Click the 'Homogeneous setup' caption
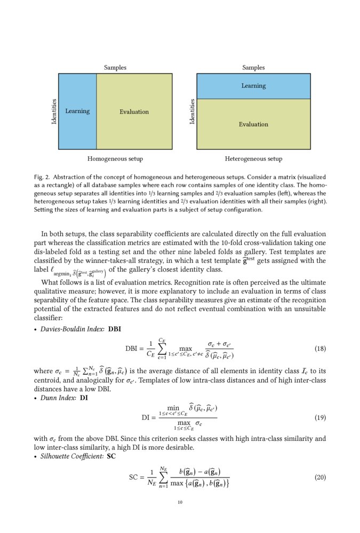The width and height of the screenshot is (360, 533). click(x=115, y=159)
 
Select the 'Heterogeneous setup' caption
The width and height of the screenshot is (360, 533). click(x=253, y=159)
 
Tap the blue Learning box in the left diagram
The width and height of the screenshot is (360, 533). click(x=77, y=111)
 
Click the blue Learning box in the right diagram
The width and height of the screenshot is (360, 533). click(x=253, y=86)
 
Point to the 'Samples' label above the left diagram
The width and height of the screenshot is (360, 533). click(x=115, y=68)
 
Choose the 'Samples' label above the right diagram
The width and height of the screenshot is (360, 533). click(x=253, y=68)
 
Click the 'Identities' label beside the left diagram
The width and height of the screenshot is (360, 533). click(x=54, y=112)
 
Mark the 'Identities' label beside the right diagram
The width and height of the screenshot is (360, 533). click(x=192, y=112)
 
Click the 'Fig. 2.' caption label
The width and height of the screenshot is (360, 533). click(x=42, y=176)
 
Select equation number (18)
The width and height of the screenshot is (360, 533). click(x=320, y=349)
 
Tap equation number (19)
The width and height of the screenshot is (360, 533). click(x=320, y=417)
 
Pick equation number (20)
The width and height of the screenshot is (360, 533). click(x=320, y=477)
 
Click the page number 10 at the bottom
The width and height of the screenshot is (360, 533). click(x=180, y=502)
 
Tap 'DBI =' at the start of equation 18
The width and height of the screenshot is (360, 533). click(x=135, y=349)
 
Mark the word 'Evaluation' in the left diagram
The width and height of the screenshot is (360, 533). click(x=134, y=112)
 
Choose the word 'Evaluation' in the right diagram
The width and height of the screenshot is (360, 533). click(x=253, y=124)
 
